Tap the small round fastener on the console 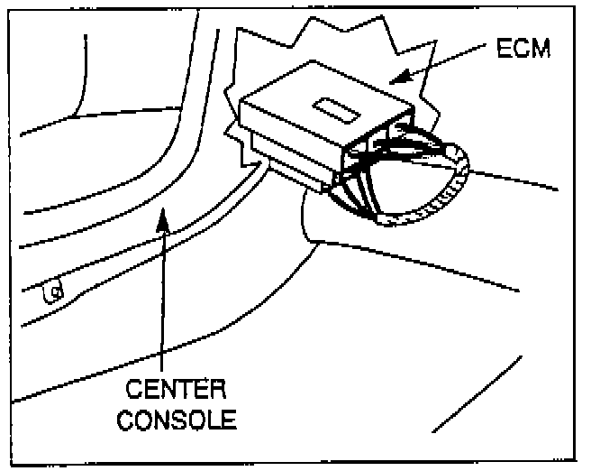(x=55, y=292)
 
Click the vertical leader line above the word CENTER (x=162, y=298)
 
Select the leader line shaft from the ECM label (x=450, y=64)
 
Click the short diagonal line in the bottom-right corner (x=477, y=392)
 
